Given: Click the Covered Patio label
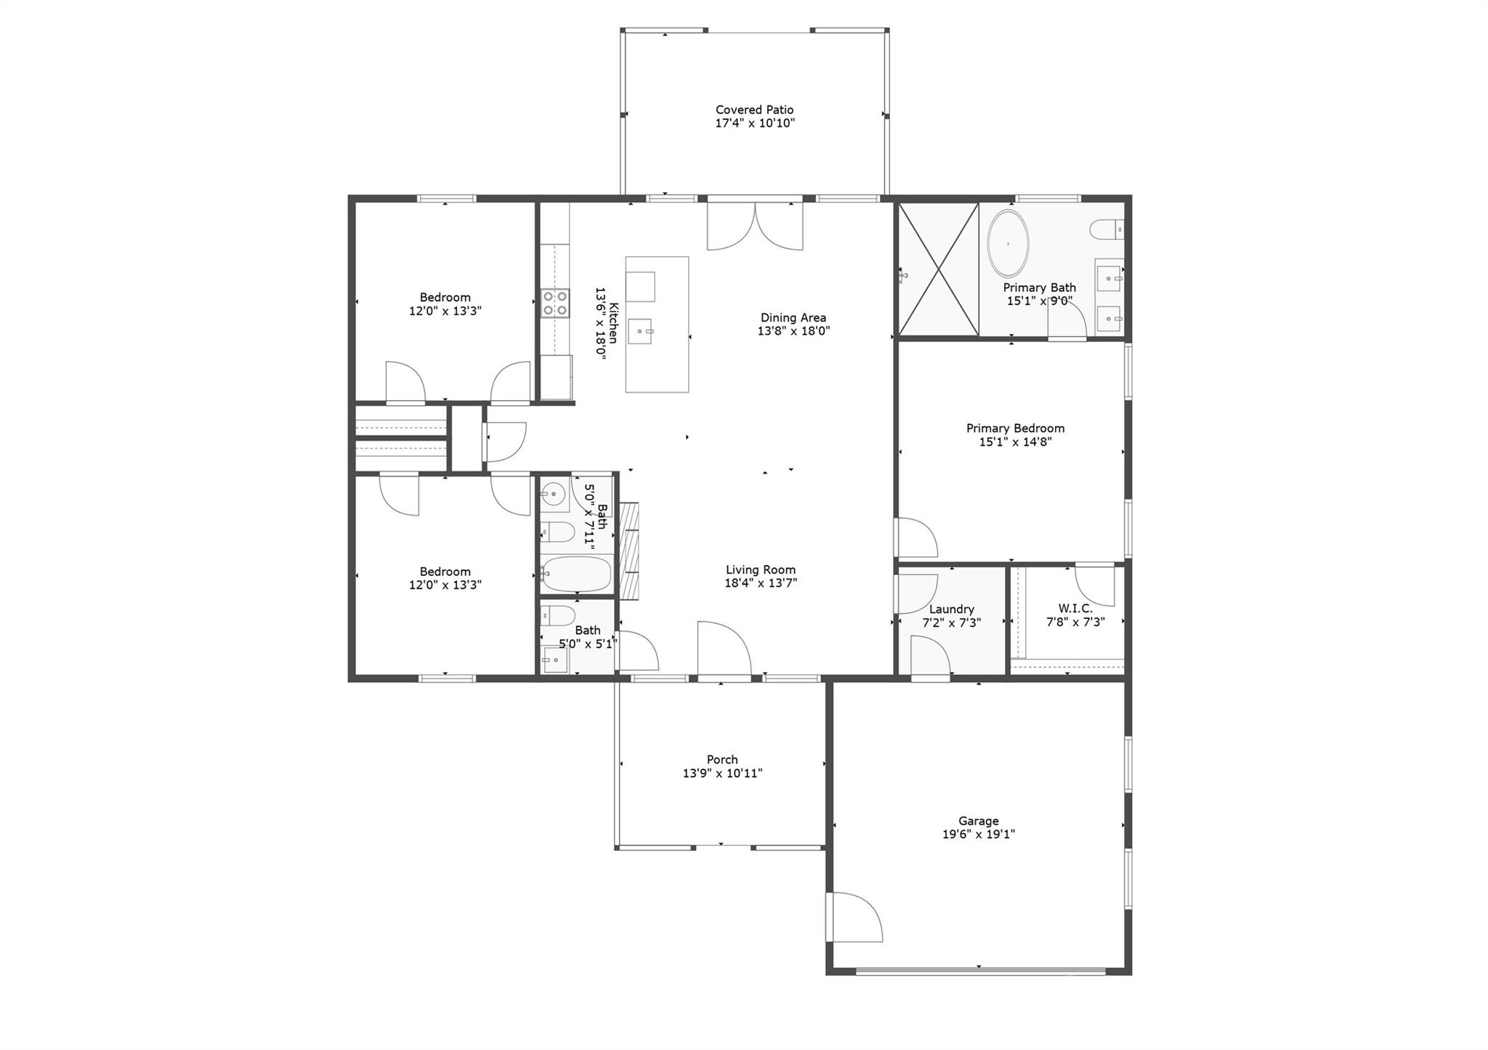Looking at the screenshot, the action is coord(754,110).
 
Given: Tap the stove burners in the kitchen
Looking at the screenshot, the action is coord(555,303).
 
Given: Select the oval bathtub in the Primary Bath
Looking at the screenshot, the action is coord(1008,244).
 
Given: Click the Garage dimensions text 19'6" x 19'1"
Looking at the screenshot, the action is coord(978,834).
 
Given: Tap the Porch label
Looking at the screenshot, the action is coord(722,760).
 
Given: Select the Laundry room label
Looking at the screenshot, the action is coord(951,609).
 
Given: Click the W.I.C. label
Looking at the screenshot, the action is coord(1075,609).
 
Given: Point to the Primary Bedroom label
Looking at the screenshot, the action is coord(1015,428).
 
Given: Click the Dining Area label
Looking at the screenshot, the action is coord(793,317).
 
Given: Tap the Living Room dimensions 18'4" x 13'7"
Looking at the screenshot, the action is coord(761,582).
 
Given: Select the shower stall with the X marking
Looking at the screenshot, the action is coord(939,269).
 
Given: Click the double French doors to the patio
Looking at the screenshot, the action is coord(755,225).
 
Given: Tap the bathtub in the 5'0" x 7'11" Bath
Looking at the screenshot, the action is coord(577,574).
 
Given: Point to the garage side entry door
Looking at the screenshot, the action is coord(854,918).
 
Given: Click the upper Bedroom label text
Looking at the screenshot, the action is coord(445,297).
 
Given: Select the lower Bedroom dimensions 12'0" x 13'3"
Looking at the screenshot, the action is coord(445,585).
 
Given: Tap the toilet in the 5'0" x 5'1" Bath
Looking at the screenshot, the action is coord(557,616).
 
